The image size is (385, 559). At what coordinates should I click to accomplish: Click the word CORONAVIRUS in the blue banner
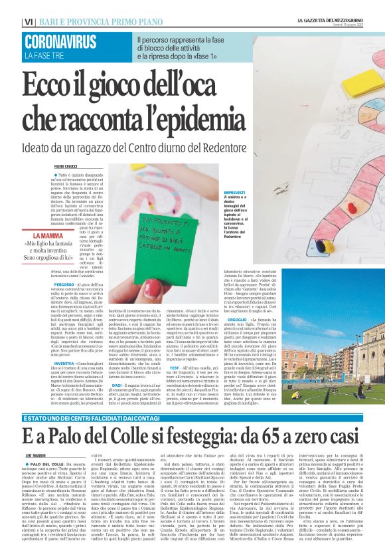coord(60,43)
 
